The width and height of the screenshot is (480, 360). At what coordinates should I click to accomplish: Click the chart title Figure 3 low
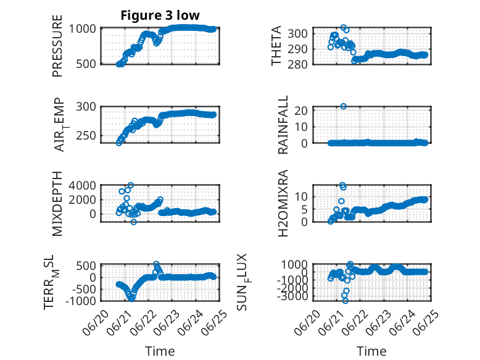160,15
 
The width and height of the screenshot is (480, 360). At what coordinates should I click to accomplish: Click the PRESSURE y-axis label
57,46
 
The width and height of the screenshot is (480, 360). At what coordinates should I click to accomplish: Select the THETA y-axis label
276,46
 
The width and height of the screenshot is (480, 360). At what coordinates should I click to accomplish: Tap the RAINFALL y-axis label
283,124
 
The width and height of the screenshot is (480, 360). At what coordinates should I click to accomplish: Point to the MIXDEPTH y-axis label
57,204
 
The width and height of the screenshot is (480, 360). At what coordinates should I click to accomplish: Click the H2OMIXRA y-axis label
283,203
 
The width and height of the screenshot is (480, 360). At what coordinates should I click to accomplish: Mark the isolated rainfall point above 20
344,106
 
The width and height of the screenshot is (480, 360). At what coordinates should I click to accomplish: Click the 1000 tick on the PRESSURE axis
82,29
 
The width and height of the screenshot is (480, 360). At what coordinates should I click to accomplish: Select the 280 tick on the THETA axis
297,64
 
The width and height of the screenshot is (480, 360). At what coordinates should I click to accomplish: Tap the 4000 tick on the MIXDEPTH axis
82,185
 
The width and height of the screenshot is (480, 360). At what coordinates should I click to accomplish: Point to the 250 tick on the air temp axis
86,135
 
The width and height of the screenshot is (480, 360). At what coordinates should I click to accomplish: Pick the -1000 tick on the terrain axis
81,301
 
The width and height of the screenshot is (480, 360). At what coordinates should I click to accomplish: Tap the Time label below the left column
160,351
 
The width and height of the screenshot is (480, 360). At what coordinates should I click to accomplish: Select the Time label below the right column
371,351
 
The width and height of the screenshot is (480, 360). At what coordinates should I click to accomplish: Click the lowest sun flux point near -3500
346,301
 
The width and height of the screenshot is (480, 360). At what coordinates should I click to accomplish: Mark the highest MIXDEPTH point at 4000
131,185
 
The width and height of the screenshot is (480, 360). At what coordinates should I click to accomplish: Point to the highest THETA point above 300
344,27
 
